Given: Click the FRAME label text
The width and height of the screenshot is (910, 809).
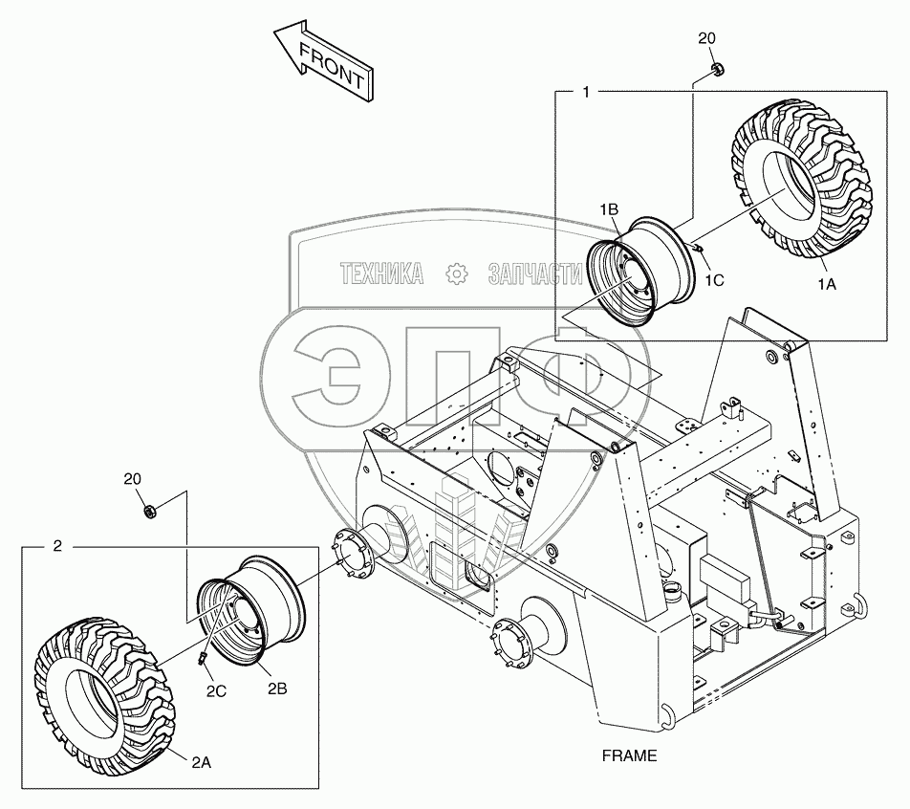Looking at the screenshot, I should tap(629, 755).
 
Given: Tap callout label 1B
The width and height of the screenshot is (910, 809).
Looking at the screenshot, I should tap(610, 208).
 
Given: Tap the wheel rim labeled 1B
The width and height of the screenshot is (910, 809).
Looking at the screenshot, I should tap(639, 272).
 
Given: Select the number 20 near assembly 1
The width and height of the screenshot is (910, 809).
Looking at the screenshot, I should tap(706, 38).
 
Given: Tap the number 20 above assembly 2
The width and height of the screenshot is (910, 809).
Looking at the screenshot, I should tap(133, 477).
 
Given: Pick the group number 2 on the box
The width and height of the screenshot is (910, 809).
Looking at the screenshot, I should tap(57, 546).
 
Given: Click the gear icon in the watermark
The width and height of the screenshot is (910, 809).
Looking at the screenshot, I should tap(457, 274).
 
